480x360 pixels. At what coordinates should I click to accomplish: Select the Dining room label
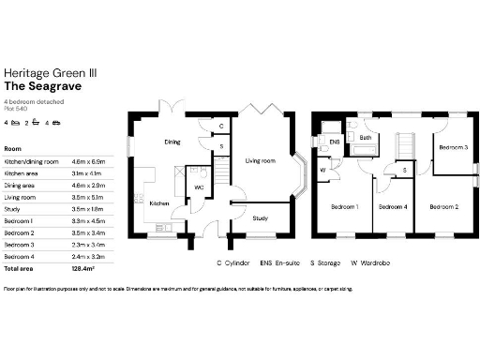pos(172,142)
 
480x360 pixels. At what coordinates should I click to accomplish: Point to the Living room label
pos(260,161)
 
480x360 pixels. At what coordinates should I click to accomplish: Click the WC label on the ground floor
pos(198,187)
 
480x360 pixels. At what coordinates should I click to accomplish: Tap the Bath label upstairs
pos(366,139)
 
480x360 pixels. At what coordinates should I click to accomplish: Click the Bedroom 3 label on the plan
pos(453,147)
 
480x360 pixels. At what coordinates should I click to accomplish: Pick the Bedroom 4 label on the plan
pos(391,206)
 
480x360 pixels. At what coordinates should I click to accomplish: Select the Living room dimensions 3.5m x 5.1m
pos(87,198)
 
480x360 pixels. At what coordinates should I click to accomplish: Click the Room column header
pos(13,148)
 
